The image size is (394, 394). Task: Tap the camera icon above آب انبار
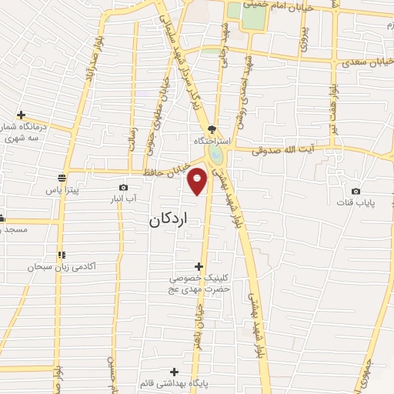pos(124,187)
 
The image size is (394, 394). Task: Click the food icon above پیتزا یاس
pos(61,176)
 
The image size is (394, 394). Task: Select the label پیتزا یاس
pos(62,188)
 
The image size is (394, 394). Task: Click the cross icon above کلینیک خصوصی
pos(199,265)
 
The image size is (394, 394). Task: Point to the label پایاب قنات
pos(355,202)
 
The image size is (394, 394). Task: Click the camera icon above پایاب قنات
pos(355,191)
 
